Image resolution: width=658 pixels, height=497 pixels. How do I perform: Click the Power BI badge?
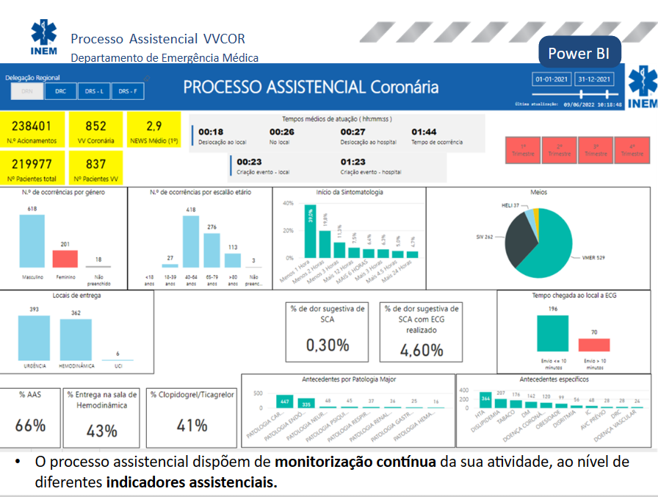[x=579, y=54]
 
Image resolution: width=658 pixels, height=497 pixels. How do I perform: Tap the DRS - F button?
[x=127, y=91]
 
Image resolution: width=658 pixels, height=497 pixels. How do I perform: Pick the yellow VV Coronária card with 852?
[x=95, y=129]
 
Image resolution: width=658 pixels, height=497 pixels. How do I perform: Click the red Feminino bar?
[x=65, y=258]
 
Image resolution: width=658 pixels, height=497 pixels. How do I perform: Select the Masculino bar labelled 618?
[x=32, y=240]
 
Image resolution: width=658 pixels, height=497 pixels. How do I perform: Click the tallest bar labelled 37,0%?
[x=311, y=232]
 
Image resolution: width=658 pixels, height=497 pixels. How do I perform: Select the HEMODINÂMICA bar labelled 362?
[x=76, y=339]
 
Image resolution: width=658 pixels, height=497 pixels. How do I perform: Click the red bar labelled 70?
[x=594, y=345]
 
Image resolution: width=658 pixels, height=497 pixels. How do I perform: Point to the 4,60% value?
[x=422, y=350]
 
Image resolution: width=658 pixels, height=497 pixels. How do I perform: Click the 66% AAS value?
[x=30, y=425]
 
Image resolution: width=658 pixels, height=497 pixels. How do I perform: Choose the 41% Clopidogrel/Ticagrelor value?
[x=192, y=425]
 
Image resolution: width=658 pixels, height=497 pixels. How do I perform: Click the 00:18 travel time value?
[x=210, y=132]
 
